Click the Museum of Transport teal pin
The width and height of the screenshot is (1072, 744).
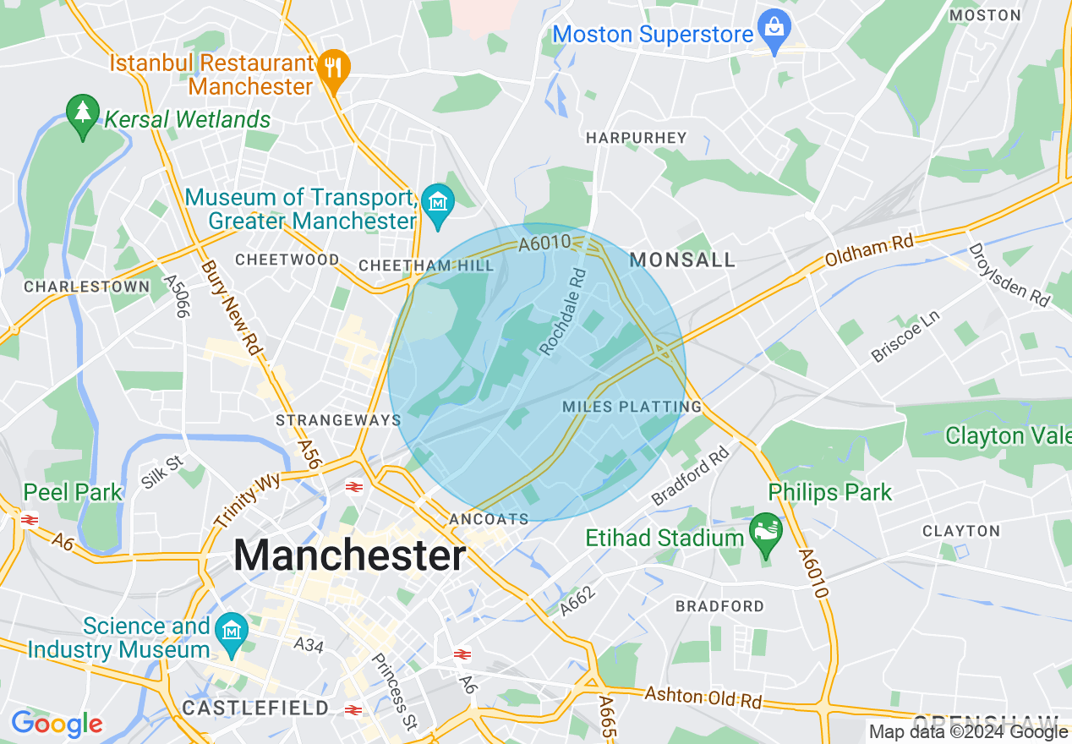click(438, 204)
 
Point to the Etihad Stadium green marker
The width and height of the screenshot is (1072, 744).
click(766, 533)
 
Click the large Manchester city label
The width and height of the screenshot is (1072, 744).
click(349, 556)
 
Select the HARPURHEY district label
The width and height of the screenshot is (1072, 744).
click(637, 137)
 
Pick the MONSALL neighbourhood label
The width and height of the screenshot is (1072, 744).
click(682, 260)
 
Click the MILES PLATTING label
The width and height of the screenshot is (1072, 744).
click(632, 407)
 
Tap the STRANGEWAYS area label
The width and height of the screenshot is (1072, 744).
click(338, 420)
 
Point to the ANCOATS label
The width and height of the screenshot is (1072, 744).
click(490, 518)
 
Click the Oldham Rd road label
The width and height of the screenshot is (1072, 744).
click(870, 251)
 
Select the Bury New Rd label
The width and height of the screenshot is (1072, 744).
click(232, 309)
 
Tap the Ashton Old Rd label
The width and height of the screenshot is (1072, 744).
click(703, 697)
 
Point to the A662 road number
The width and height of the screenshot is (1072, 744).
click(578, 600)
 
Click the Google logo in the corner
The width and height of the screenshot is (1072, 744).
click(57, 724)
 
